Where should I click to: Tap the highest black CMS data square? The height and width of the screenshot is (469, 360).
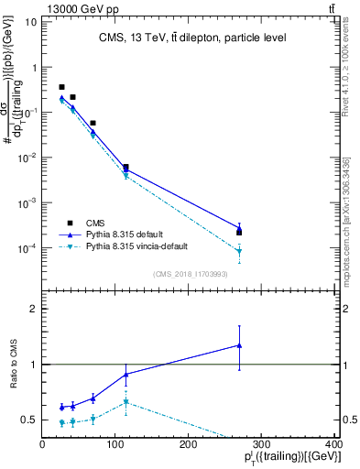pos(61,87)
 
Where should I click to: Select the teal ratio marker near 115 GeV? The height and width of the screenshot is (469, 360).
pos(125,402)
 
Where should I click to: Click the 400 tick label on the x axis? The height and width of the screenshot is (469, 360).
pos(333,443)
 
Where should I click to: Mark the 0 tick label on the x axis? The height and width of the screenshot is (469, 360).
pos(42,443)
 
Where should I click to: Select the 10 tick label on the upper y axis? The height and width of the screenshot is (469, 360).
pos(30,22)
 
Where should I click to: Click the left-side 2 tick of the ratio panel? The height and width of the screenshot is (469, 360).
pos(34,309)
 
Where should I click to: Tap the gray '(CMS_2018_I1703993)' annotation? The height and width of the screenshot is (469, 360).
pos(188,273)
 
